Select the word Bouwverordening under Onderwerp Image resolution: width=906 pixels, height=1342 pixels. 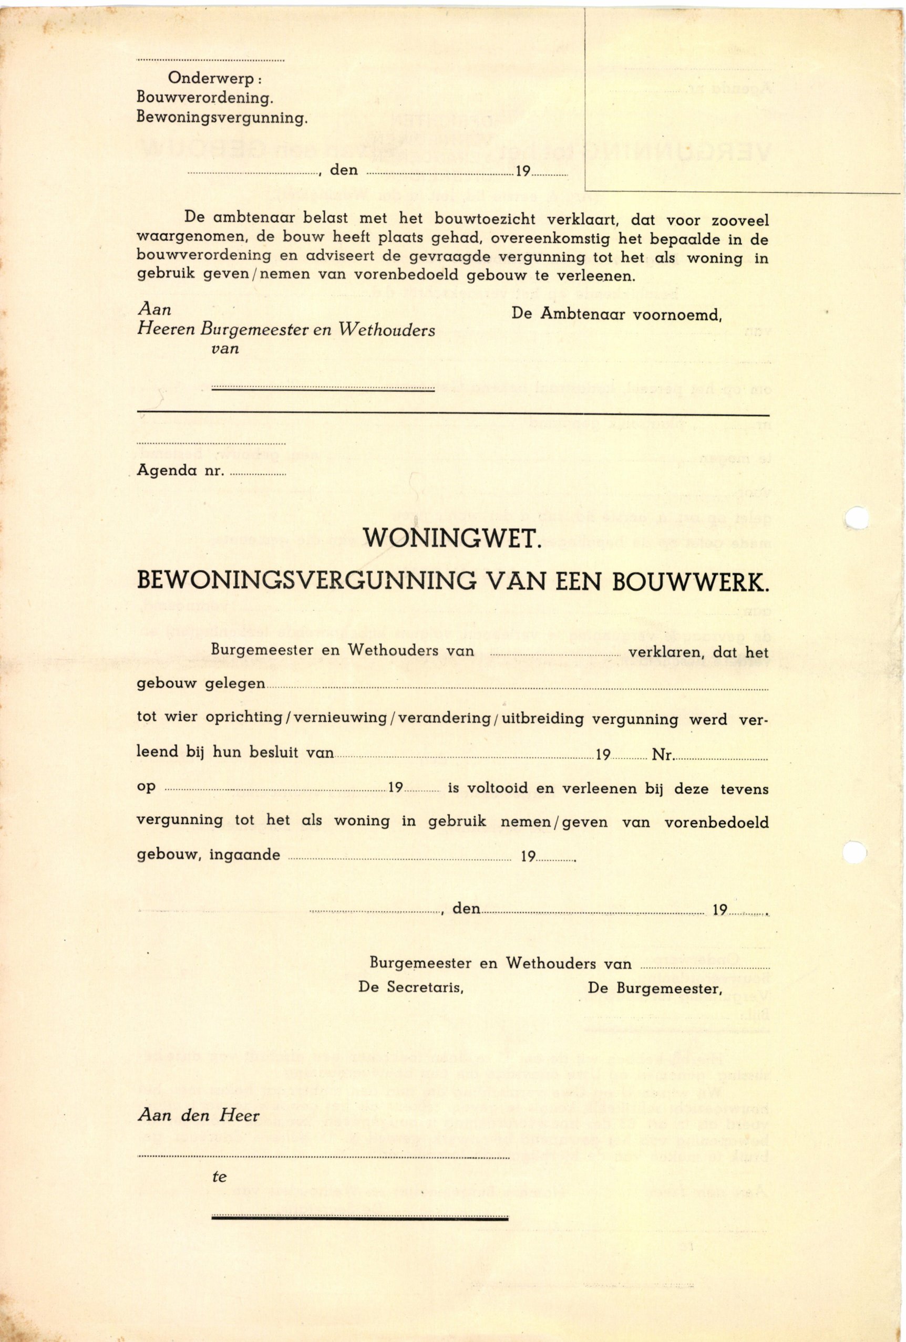[204, 98]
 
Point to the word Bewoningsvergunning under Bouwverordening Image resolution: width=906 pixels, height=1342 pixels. [222, 118]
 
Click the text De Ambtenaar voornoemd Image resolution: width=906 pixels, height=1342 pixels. [616, 315]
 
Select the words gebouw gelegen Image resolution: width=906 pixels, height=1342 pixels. [201, 684]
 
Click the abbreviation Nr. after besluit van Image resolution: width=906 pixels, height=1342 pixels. [662, 755]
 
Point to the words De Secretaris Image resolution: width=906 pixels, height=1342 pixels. [411, 987]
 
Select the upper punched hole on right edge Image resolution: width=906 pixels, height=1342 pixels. [856, 517]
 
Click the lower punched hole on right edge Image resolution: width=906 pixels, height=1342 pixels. [855, 852]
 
